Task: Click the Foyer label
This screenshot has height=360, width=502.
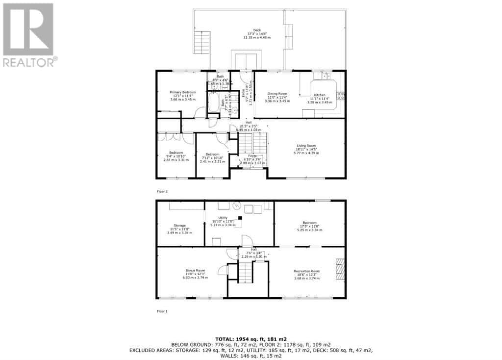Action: point(252,156)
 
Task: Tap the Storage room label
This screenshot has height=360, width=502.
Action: point(178,226)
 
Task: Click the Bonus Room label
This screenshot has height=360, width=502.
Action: point(195,271)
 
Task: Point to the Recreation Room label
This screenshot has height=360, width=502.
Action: point(306,271)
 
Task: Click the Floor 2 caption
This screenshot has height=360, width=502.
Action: point(163,191)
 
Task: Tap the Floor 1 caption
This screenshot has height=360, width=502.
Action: point(162,311)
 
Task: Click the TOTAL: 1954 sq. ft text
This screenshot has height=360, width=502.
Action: point(251,339)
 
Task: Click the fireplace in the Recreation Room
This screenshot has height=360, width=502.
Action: point(340,269)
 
